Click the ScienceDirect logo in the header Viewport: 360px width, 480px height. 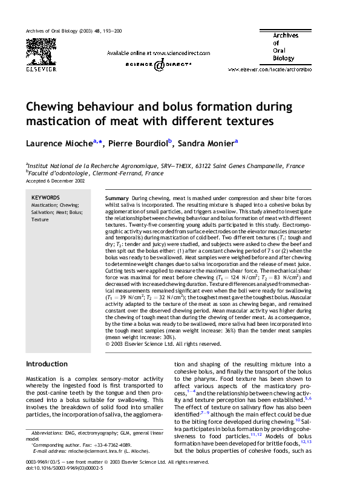[159, 64]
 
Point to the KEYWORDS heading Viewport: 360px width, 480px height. [45, 198]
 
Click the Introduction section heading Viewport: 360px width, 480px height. [46, 364]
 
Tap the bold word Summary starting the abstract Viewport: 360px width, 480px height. [116, 198]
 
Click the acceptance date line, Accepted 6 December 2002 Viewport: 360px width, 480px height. [56, 180]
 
